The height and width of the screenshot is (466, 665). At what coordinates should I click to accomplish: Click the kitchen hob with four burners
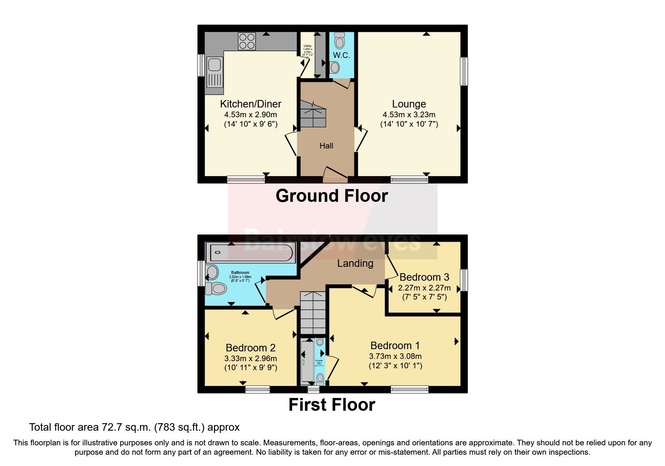tap(247, 41)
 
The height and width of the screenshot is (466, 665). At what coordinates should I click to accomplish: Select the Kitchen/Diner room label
tap(250, 104)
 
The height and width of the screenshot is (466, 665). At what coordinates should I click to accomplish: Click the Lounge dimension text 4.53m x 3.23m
tap(409, 115)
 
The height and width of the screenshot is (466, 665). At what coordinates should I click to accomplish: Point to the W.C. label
tap(341, 55)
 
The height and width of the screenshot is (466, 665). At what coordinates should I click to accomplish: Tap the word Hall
tap(326, 146)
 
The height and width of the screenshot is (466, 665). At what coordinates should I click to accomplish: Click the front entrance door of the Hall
tap(335, 175)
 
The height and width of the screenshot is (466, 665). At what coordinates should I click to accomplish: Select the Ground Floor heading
tap(332, 196)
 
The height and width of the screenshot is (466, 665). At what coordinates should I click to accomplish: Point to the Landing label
tap(355, 263)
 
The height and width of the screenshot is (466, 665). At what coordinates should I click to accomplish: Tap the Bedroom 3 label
tap(424, 277)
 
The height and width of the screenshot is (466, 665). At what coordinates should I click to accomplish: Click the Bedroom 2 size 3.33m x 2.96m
tap(250, 359)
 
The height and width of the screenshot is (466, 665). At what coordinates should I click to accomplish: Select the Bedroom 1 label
tap(395, 346)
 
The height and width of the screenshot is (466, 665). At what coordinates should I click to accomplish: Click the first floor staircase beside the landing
tap(313, 313)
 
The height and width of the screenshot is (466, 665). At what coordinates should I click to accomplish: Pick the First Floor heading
tap(332, 405)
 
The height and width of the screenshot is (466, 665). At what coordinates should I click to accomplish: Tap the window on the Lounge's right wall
tap(464, 71)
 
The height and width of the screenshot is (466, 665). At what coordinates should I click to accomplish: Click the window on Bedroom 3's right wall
tap(464, 280)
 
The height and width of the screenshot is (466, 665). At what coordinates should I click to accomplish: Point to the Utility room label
tap(308, 46)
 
